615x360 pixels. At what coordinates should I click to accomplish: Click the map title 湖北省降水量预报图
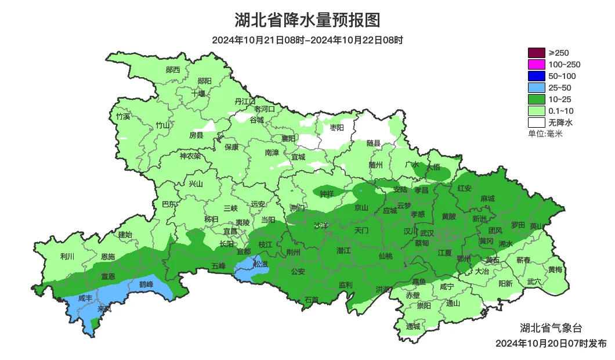point(307,20)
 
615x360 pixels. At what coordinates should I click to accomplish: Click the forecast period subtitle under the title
point(307,40)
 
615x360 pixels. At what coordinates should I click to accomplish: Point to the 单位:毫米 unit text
point(545,134)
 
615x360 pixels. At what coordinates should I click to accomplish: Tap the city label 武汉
point(428,232)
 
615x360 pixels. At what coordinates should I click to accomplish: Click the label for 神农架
point(190,156)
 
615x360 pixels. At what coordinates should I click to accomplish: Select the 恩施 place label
point(108,256)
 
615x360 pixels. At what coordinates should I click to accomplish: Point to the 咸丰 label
point(85,298)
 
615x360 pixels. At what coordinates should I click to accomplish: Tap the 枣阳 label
point(337,127)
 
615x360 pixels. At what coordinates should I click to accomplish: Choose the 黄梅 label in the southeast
point(555,269)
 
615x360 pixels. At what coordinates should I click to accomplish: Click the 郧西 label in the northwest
point(173,70)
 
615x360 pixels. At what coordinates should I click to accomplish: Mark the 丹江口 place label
point(245,101)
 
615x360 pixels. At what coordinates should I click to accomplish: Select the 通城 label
point(413,326)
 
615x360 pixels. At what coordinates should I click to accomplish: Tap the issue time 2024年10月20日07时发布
point(551,343)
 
